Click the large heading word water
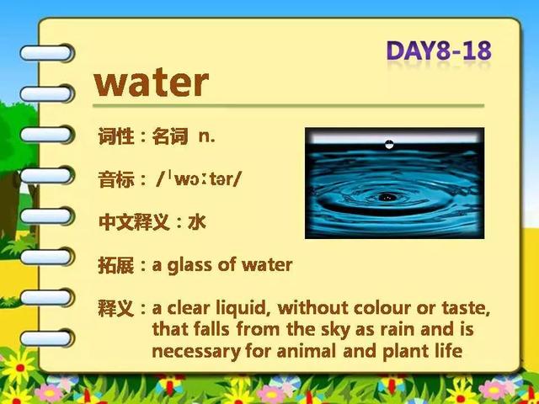(x=152, y=82)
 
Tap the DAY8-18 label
(x=439, y=50)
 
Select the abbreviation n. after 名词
(x=206, y=136)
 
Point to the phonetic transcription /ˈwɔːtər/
(x=199, y=179)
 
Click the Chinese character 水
(x=197, y=222)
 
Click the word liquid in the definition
(x=241, y=308)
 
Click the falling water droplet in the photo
(x=389, y=144)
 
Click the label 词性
(x=116, y=136)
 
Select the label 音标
(x=116, y=179)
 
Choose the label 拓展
(x=116, y=265)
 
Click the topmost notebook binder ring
(x=46, y=53)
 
